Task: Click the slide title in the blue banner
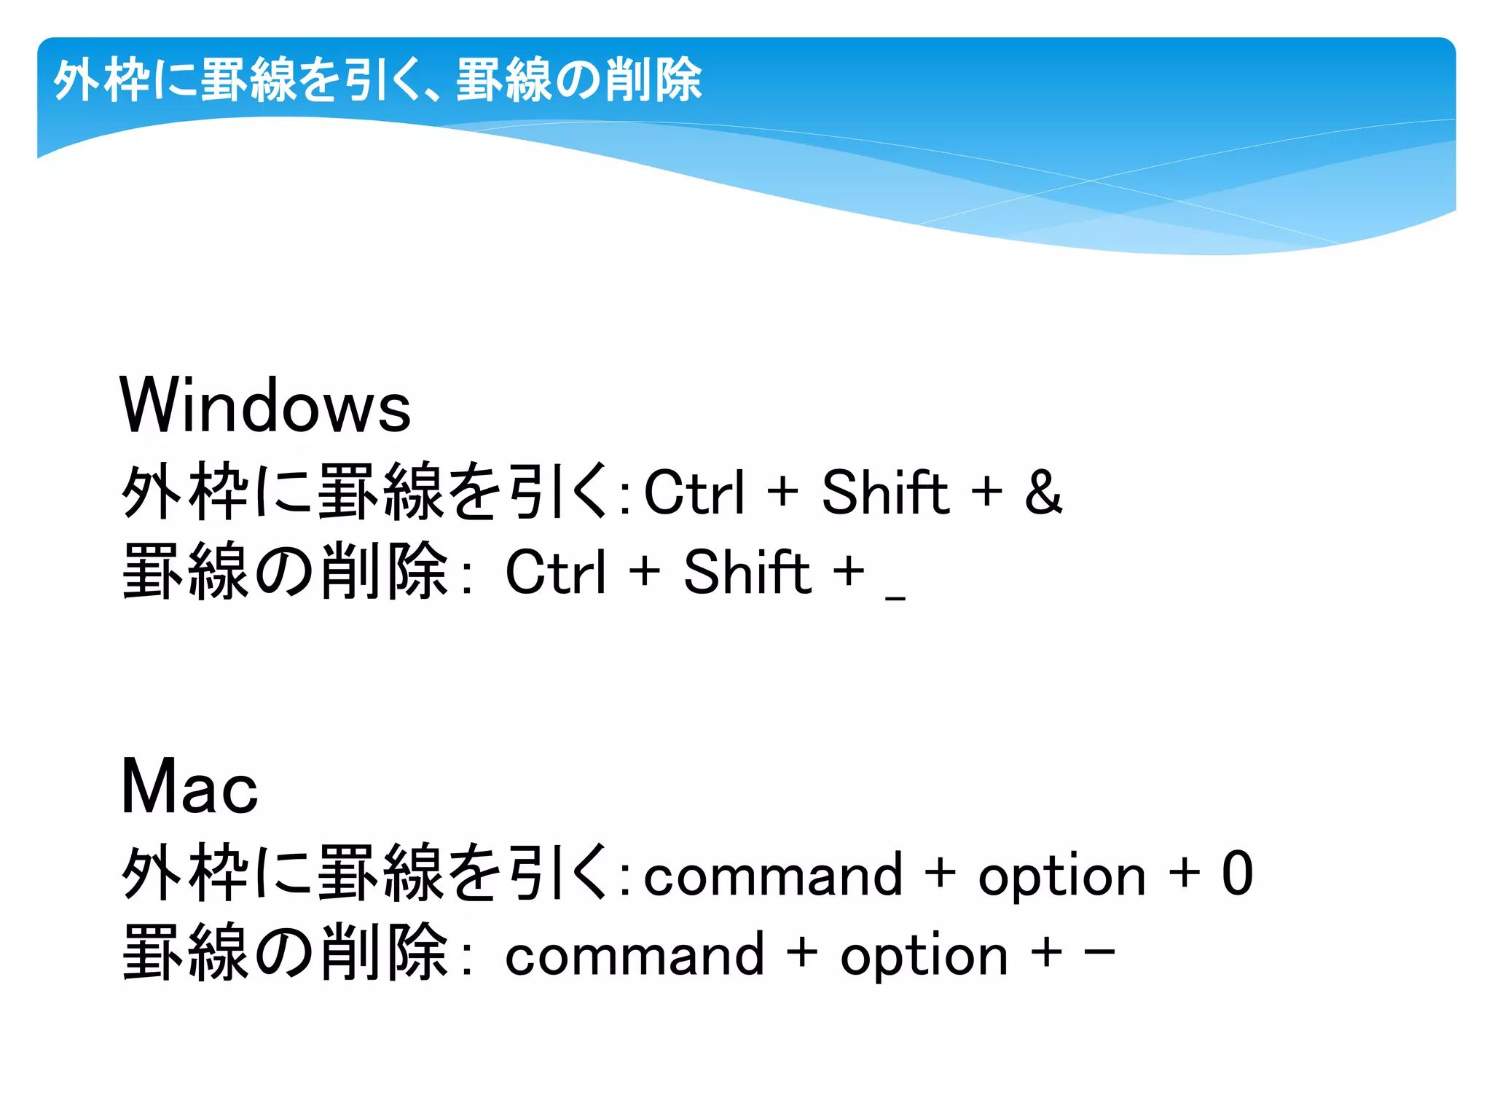[x=377, y=79]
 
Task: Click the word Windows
[x=265, y=406]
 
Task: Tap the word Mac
[x=189, y=787]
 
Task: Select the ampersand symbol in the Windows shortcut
[x=1043, y=492]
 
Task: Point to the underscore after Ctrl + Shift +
[x=895, y=598]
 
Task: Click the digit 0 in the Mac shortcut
[x=1237, y=873]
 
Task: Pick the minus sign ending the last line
[x=1099, y=951]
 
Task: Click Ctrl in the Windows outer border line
[x=696, y=492]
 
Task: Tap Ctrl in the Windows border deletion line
[x=556, y=572]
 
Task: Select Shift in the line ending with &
[x=885, y=492]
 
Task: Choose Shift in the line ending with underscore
[x=747, y=572]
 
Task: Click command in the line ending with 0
[x=773, y=875]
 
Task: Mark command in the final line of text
[x=635, y=954]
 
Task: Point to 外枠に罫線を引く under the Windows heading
[x=364, y=492]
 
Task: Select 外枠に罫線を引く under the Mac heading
[x=364, y=873]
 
